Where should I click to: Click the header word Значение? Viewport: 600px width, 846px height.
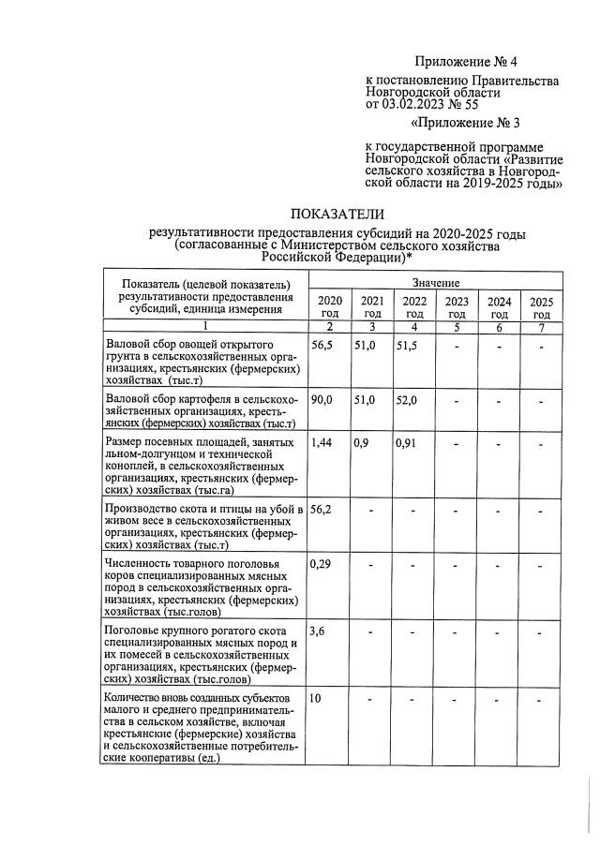pyautogui.click(x=435, y=282)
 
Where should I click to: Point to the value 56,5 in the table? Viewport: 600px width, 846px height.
pyautogui.click(x=322, y=346)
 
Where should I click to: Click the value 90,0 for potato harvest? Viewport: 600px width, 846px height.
pyautogui.click(x=322, y=400)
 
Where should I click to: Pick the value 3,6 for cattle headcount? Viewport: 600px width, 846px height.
pyautogui.click(x=319, y=632)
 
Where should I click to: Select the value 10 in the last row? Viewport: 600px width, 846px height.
pyautogui.click(x=317, y=699)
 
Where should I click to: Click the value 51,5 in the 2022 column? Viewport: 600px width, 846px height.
pyautogui.click(x=407, y=346)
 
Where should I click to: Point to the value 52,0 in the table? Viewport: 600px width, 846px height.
pyautogui.click(x=407, y=400)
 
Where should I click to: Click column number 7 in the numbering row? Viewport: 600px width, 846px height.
pyautogui.click(x=541, y=327)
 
